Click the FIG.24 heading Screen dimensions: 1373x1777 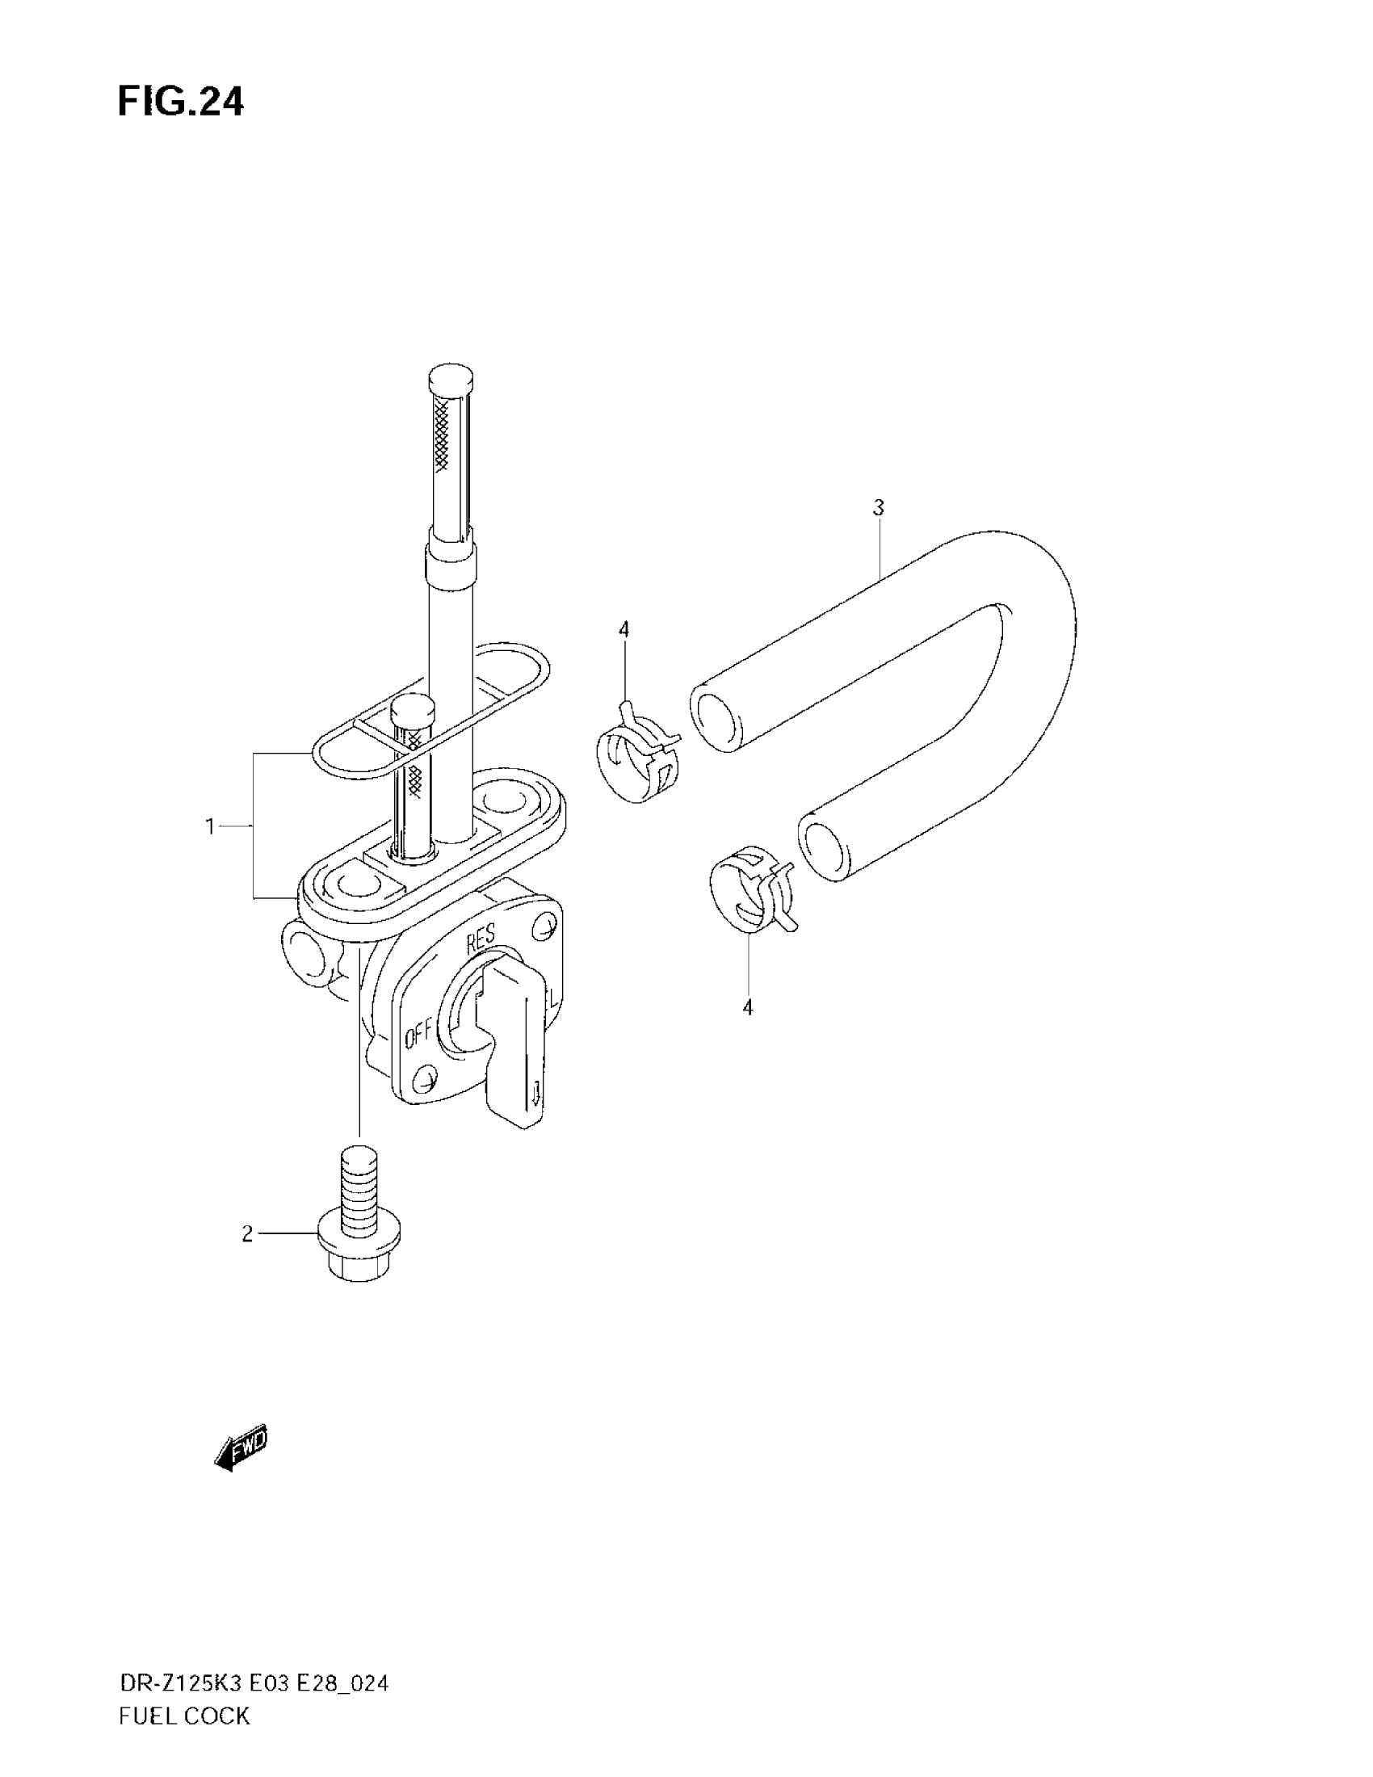(181, 103)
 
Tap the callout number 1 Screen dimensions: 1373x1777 (210, 826)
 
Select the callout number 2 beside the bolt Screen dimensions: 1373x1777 (247, 1234)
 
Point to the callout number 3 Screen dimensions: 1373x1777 (878, 508)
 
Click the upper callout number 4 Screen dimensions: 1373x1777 (624, 630)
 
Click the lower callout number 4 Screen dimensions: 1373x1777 (748, 1007)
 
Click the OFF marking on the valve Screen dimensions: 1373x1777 (418, 1036)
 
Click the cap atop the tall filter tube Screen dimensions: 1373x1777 (450, 378)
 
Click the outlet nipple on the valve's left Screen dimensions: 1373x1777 (305, 952)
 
